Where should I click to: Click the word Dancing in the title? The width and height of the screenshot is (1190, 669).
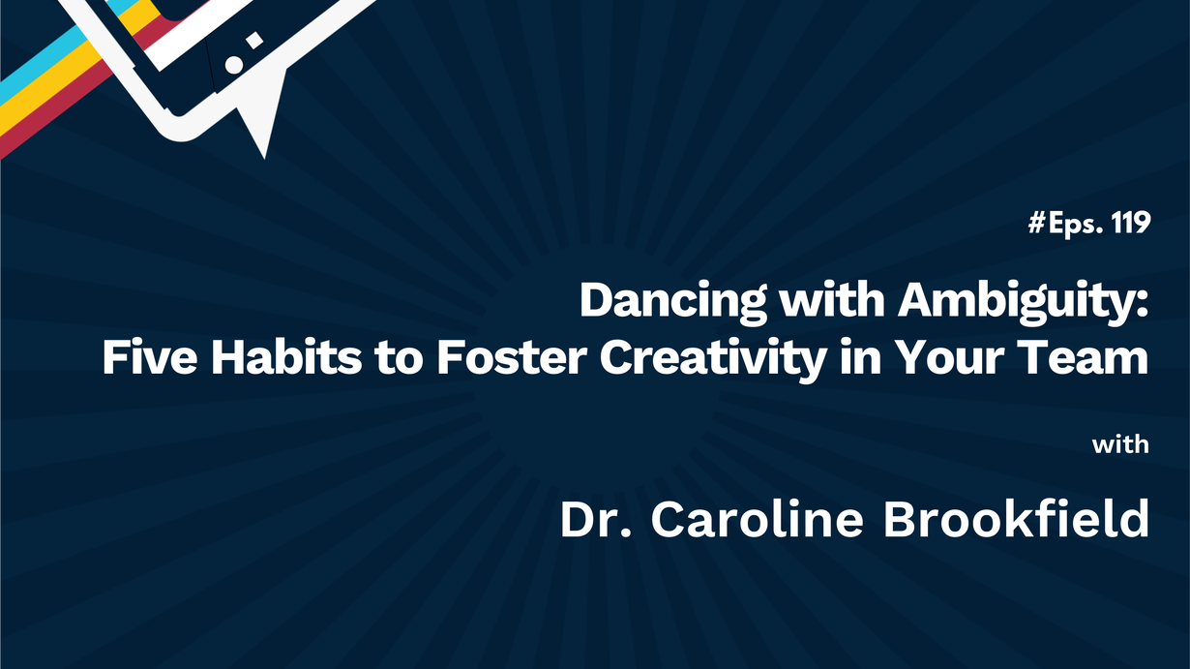click(x=673, y=301)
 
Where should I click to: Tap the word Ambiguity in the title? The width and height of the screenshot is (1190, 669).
click(x=1024, y=301)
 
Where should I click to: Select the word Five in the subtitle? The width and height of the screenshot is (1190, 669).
click(x=150, y=357)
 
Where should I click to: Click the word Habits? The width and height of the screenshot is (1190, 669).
click(x=286, y=357)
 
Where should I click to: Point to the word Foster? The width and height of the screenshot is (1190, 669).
click(x=512, y=357)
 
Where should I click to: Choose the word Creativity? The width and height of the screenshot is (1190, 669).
click(x=713, y=359)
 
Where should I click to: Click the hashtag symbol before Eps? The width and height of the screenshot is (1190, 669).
click(x=1036, y=223)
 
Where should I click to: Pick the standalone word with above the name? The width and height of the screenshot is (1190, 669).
click(x=1120, y=444)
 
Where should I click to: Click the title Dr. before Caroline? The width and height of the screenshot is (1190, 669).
click(x=596, y=519)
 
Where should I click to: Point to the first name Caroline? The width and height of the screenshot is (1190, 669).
click(x=757, y=519)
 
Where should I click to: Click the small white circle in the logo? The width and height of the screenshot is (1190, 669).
click(x=234, y=65)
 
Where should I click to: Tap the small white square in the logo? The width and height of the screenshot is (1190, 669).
click(x=254, y=41)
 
